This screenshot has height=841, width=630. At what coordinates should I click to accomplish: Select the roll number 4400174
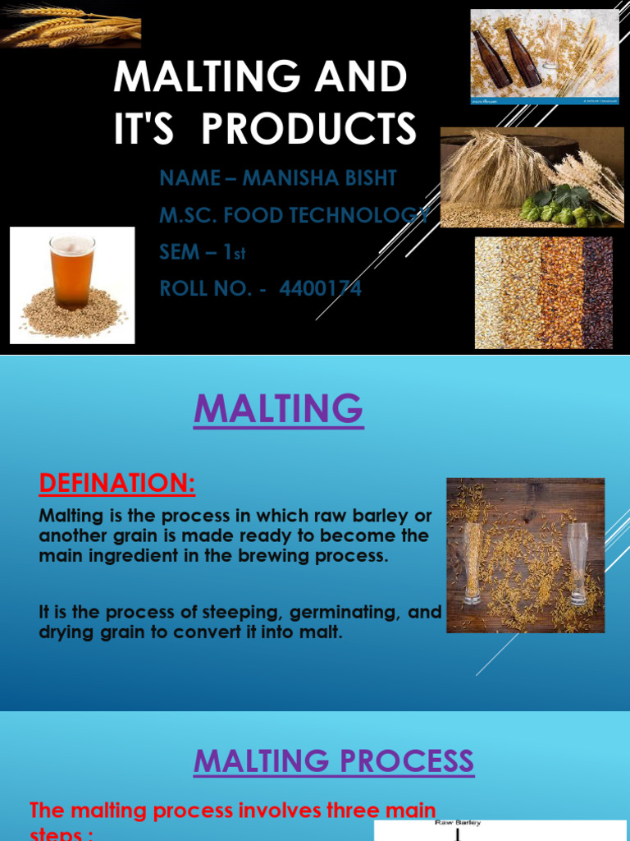(320, 288)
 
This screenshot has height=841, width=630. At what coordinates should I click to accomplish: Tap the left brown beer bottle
(494, 57)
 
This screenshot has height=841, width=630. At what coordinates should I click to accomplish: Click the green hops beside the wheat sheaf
(566, 205)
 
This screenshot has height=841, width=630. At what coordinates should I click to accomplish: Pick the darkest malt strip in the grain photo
(597, 292)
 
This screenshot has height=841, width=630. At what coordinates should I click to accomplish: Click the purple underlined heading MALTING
(278, 408)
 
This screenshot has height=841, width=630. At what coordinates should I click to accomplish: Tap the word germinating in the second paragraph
(311, 613)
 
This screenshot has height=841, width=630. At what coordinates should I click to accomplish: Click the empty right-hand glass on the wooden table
(577, 562)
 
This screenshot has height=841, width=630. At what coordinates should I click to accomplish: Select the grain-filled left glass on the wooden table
(472, 563)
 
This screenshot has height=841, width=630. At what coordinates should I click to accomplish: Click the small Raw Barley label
(458, 822)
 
